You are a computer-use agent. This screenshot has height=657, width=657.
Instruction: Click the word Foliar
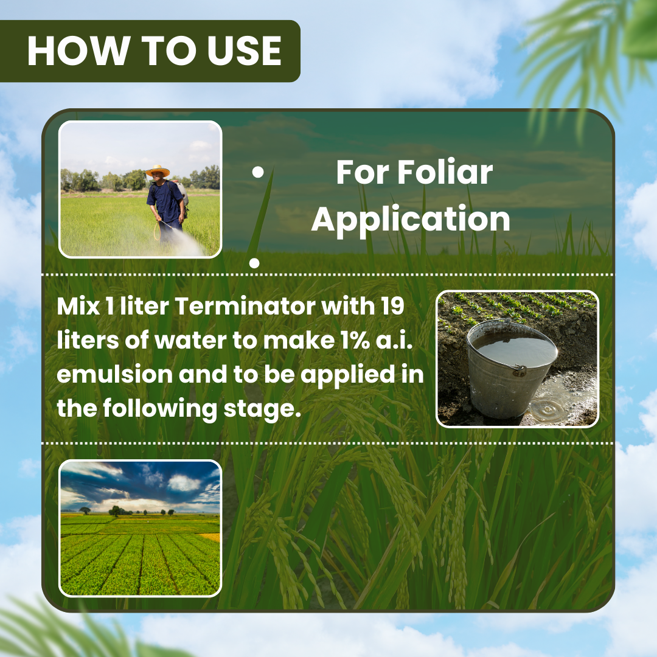[x=445, y=172]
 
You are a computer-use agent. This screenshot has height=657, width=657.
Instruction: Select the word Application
[x=411, y=219]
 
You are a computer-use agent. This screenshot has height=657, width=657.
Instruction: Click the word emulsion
[x=114, y=374]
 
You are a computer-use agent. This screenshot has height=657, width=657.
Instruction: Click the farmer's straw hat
[x=158, y=170]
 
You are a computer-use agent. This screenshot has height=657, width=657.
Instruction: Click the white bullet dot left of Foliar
[x=259, y=172]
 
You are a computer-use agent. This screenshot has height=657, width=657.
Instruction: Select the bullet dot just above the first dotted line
[x=254, y=263]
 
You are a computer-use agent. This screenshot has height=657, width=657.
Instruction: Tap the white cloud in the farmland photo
[x=183, y=482]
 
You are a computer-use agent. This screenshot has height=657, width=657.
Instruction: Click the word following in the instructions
[x=160, y=409]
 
